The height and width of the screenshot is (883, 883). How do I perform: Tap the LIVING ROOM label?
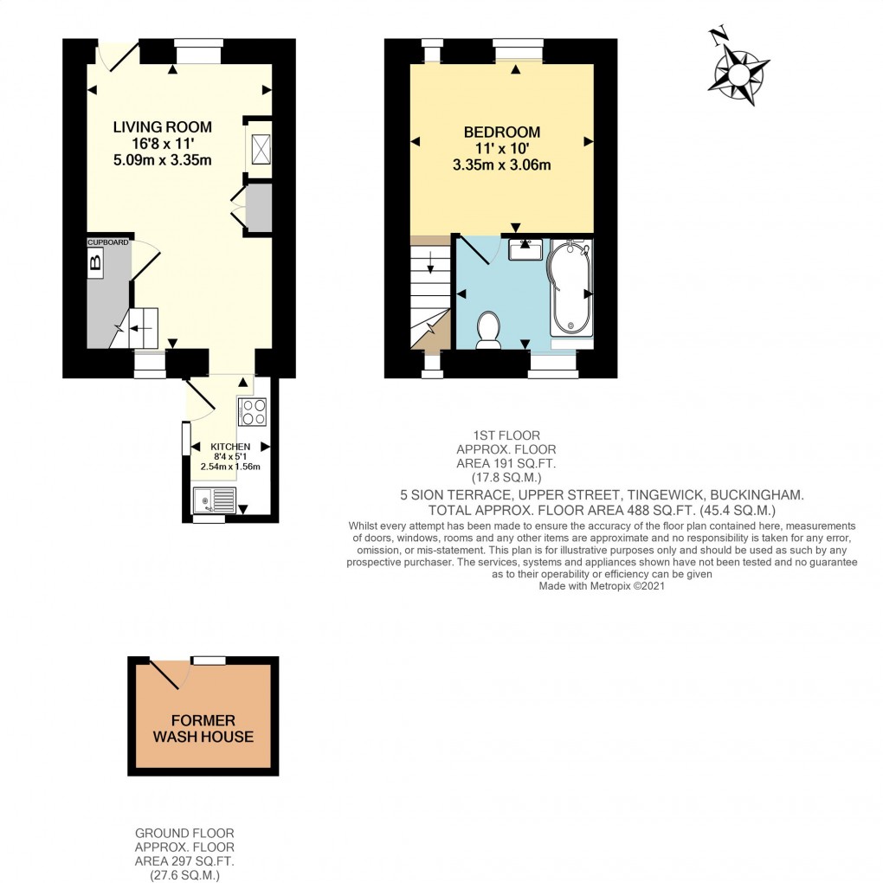[x=162, y=127]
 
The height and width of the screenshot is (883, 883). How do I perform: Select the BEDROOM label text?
[x=501, y=132]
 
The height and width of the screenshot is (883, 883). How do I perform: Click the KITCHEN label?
[x=230, y=447]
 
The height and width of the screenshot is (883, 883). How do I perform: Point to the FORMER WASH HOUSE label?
[x=203, y=729]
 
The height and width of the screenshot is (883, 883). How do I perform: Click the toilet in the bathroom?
[x=488, y=331]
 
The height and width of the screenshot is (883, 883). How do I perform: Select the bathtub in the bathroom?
[x=570, y=288]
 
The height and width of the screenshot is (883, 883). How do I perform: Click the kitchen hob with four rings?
[x=252, y=412]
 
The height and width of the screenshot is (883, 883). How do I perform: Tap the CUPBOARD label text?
[x=107, y=242]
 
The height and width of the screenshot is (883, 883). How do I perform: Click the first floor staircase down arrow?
[x=430, y=267]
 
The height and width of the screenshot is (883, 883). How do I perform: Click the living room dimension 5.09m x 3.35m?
[x=162, y=159]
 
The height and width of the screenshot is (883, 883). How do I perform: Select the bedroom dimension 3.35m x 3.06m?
[x=501, y=164]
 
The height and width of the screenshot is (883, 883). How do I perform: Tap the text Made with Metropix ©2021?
[x=602, y=585]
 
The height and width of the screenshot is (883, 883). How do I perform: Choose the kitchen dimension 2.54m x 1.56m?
[x=230, y=467]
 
